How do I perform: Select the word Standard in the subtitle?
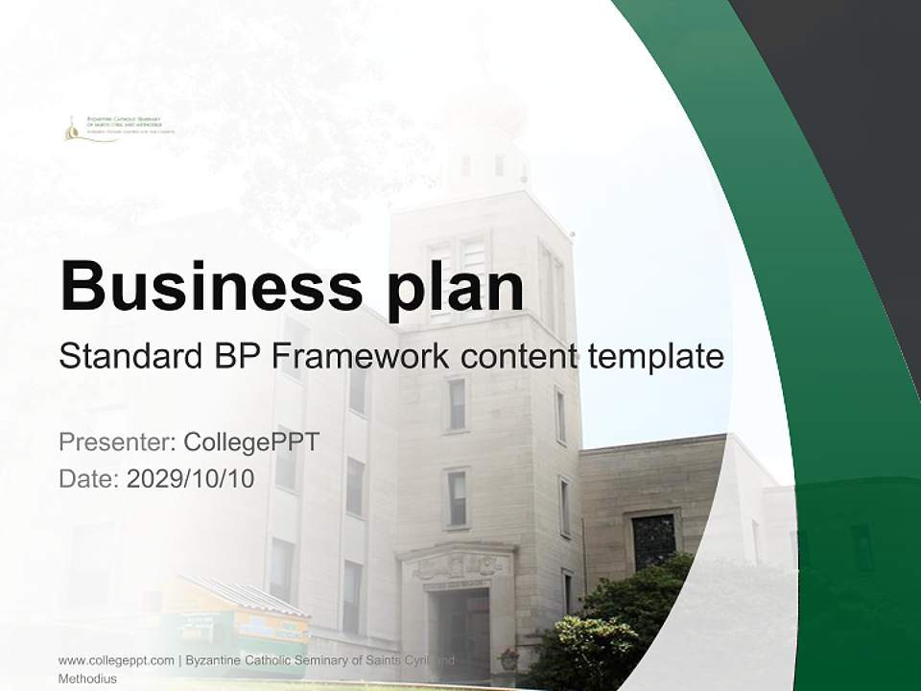(127, 357)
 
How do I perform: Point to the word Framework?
(361, 357)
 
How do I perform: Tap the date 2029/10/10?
(190, 479)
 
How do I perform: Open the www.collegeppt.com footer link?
(116, 660)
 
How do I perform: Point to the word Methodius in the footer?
(87, 679)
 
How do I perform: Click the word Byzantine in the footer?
(216, 660)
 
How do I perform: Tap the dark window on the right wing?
(653, 541)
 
